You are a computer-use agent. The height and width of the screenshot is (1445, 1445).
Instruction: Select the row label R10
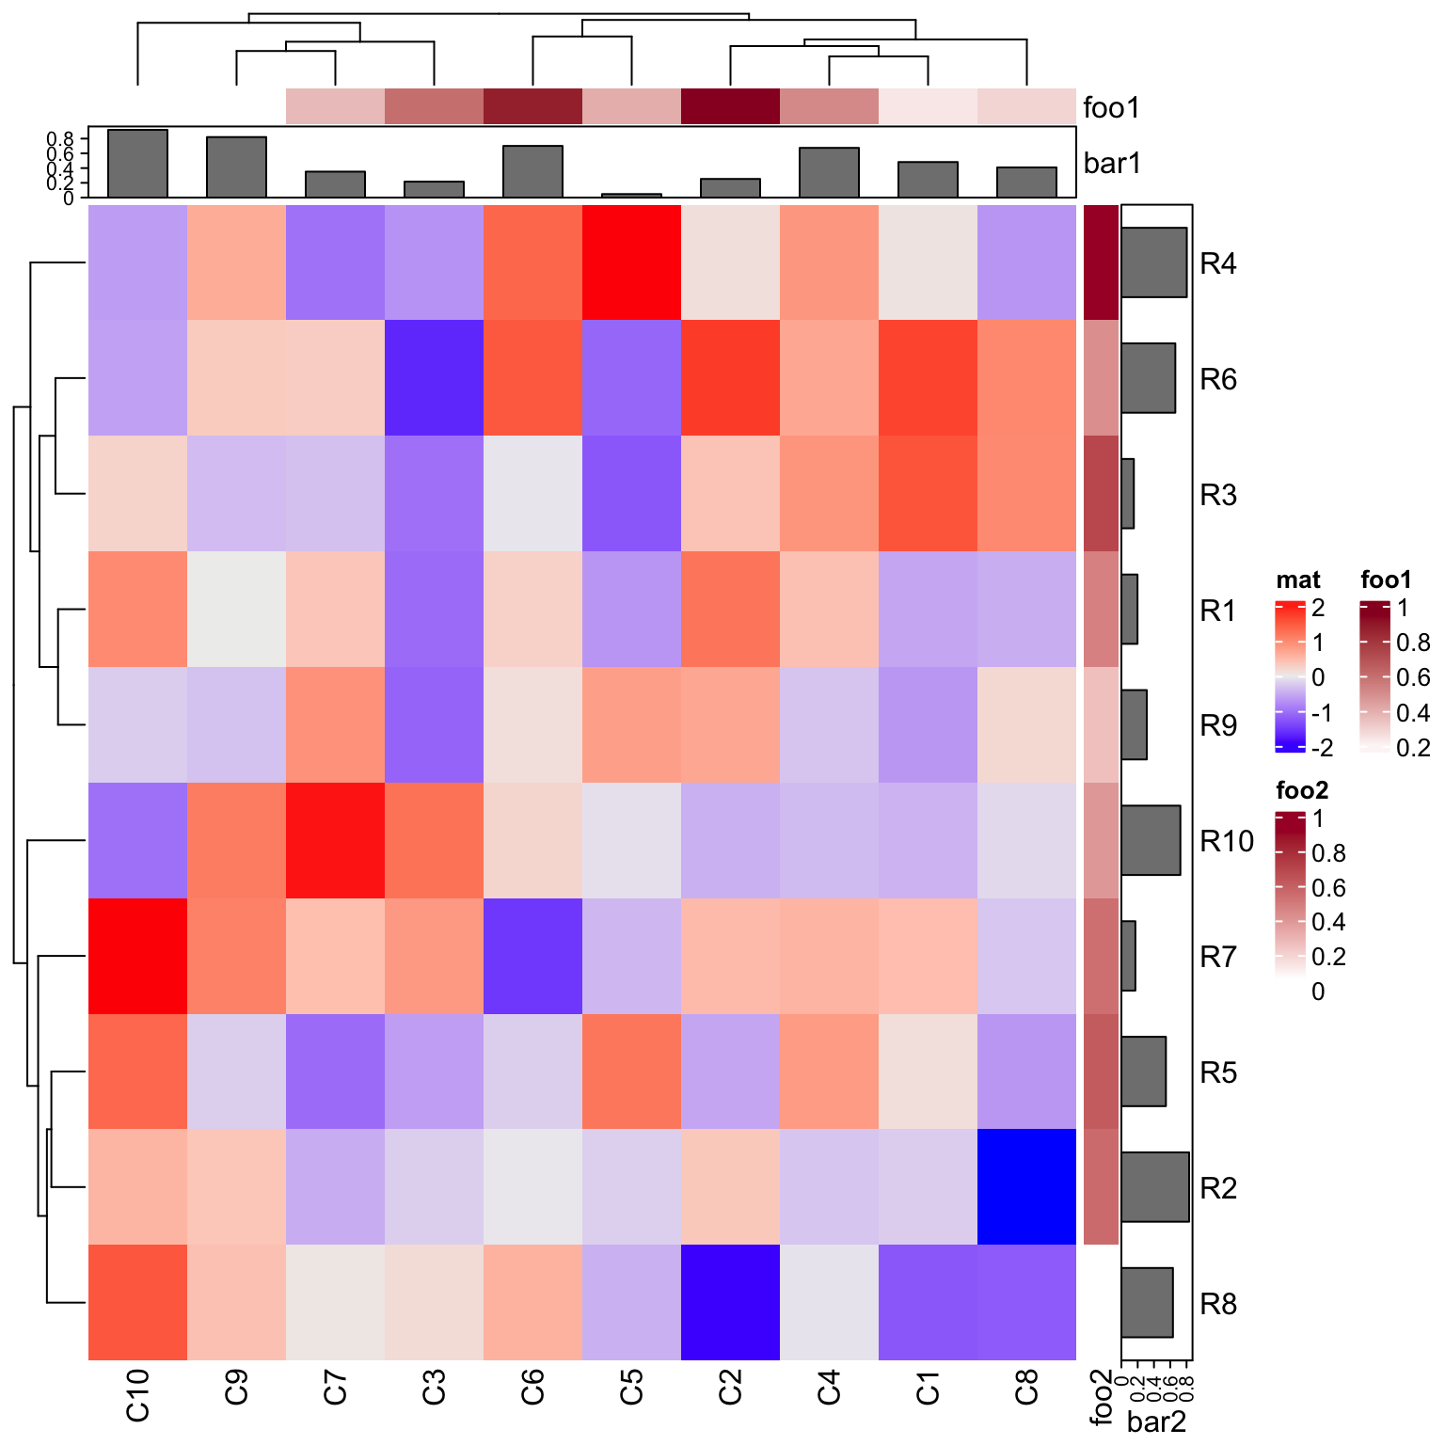[x=1226, y=841]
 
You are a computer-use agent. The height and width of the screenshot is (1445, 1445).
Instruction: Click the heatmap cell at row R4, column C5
[x=631, y=262]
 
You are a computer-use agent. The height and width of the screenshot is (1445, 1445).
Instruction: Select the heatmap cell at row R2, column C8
[x=1026, y=1186]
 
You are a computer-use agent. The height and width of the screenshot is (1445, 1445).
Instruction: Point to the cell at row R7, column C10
[x=137, y=956]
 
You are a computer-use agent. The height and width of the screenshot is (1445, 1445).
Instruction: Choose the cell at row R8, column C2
[x=730, y=1302]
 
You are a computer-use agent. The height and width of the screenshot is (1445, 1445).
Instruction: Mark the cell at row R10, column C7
[x=335, y=840]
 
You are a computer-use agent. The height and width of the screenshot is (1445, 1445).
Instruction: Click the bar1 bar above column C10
[x=137, y=164]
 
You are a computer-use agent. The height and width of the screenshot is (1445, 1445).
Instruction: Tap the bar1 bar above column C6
[x=532, y=172]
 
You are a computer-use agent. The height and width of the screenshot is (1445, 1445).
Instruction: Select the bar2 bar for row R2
[x=1154, y=1186]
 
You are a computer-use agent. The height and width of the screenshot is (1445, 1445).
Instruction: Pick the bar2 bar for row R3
[x=1127, y=494]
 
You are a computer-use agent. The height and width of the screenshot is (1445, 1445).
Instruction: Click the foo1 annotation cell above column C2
[x=730, y=106]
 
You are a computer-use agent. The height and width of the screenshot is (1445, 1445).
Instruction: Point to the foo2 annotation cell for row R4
[x=1101, y=262]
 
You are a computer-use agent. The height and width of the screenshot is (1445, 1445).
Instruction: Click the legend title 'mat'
[x=1297, y=580]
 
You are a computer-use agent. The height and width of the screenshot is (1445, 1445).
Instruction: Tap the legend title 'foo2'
[x=1301, y=790]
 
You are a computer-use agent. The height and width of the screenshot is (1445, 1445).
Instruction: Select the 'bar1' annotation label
[x=1112, y=164]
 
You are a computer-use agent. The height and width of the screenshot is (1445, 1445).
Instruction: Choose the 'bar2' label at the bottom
[x=1156, y=1421]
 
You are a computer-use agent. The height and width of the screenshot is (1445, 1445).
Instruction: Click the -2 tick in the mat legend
[x=1322, y=749]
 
